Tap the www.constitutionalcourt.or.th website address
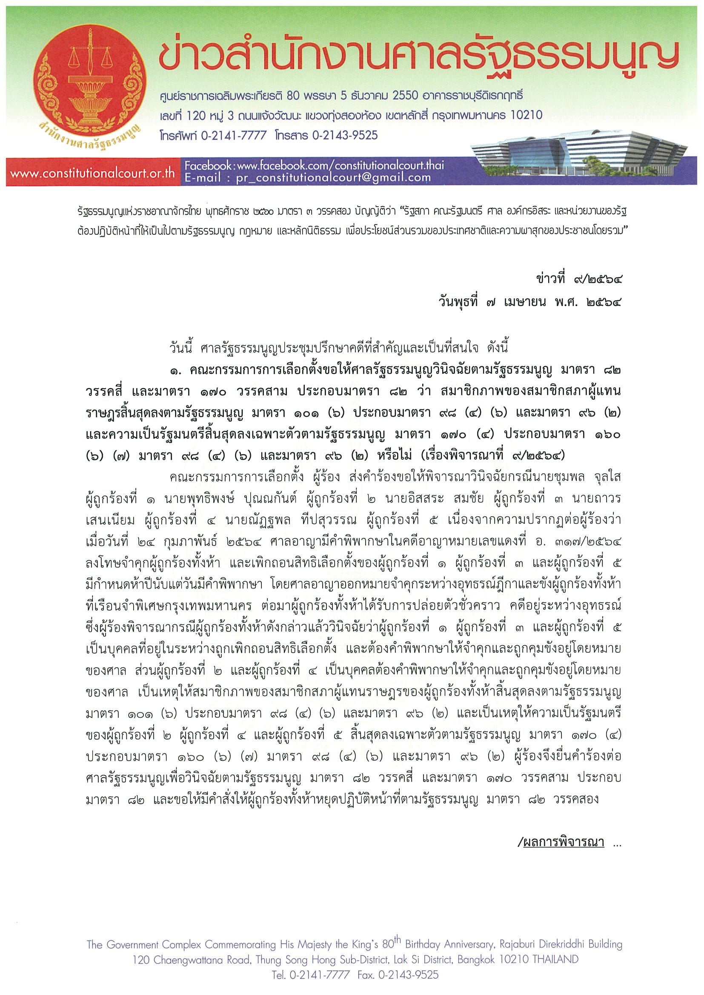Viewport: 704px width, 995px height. [92, 173]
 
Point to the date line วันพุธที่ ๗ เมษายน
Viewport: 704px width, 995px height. [529, 301]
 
